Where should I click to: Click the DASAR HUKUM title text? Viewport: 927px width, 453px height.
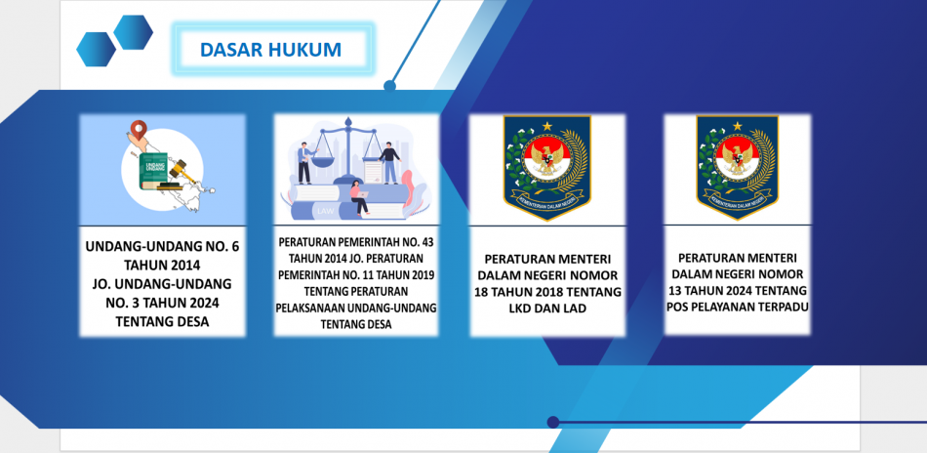pos(270,50)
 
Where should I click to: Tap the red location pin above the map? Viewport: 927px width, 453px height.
pos(139,130)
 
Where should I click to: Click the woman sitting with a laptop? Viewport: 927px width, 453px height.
pos(358,198)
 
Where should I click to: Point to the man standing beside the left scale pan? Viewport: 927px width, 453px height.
pos(305,163)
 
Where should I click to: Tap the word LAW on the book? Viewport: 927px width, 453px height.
pos(325,211)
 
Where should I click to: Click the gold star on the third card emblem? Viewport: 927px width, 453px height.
pos(546,125)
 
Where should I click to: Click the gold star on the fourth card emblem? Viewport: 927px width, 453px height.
pos(737,125)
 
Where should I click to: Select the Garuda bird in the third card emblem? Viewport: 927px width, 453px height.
pos(546,157)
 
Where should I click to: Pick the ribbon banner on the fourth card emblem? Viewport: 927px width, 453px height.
pos(737,200)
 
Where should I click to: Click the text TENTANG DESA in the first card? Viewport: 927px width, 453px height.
pos(163,322)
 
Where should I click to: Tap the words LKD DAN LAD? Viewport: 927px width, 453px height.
pos(546,309)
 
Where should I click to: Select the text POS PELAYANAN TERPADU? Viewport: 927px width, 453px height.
pos(738,307)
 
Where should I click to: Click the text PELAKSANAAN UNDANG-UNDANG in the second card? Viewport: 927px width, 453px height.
pos(356,309)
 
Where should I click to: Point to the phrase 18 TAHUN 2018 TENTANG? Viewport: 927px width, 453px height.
pos(547,292)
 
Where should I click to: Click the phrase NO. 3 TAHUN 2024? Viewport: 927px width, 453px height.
pos(163,303)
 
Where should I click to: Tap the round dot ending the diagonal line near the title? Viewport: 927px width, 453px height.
pos(389,86)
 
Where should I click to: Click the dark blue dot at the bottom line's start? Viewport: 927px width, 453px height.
pos(553,422)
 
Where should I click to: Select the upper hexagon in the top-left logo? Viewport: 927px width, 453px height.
pos(133,32)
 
